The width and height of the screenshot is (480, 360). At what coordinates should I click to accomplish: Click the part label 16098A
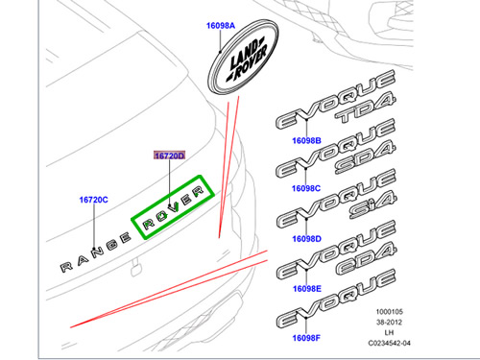coord(221,26)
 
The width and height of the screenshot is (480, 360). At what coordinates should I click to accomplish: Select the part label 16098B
coord(306,140)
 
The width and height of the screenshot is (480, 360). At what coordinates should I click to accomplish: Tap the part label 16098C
coord(306,188)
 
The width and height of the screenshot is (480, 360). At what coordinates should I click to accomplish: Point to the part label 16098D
coord(306,239)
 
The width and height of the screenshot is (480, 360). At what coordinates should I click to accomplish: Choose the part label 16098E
coord(307,289)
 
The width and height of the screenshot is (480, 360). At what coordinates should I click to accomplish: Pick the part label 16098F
coord(306,338)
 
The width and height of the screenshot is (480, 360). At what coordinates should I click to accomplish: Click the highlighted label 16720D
coord(170,156)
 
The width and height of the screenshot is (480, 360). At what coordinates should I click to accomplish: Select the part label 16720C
coord(93,200)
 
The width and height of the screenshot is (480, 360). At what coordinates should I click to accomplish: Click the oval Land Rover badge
coord(243,57)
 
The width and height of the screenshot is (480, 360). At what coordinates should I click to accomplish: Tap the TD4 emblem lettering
coord(366,108)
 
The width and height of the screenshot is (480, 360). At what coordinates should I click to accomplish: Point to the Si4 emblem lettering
coord(373,205)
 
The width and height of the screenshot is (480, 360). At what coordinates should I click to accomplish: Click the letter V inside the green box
coord(175,207)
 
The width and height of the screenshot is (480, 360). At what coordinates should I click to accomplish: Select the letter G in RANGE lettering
coord(112,245)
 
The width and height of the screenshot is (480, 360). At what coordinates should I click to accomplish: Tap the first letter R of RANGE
coord(66,267)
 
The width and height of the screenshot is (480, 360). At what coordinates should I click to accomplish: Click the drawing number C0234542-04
coord(389,343)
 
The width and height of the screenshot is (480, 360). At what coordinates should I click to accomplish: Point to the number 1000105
coord(389,312)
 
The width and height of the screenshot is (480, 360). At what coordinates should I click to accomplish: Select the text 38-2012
coord(389,323)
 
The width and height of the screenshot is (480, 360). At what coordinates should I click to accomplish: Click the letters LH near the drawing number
coord(389,333)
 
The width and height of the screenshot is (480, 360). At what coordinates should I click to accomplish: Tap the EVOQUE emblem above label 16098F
coord(336,299)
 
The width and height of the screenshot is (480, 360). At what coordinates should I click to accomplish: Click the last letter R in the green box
coord(198,192)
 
